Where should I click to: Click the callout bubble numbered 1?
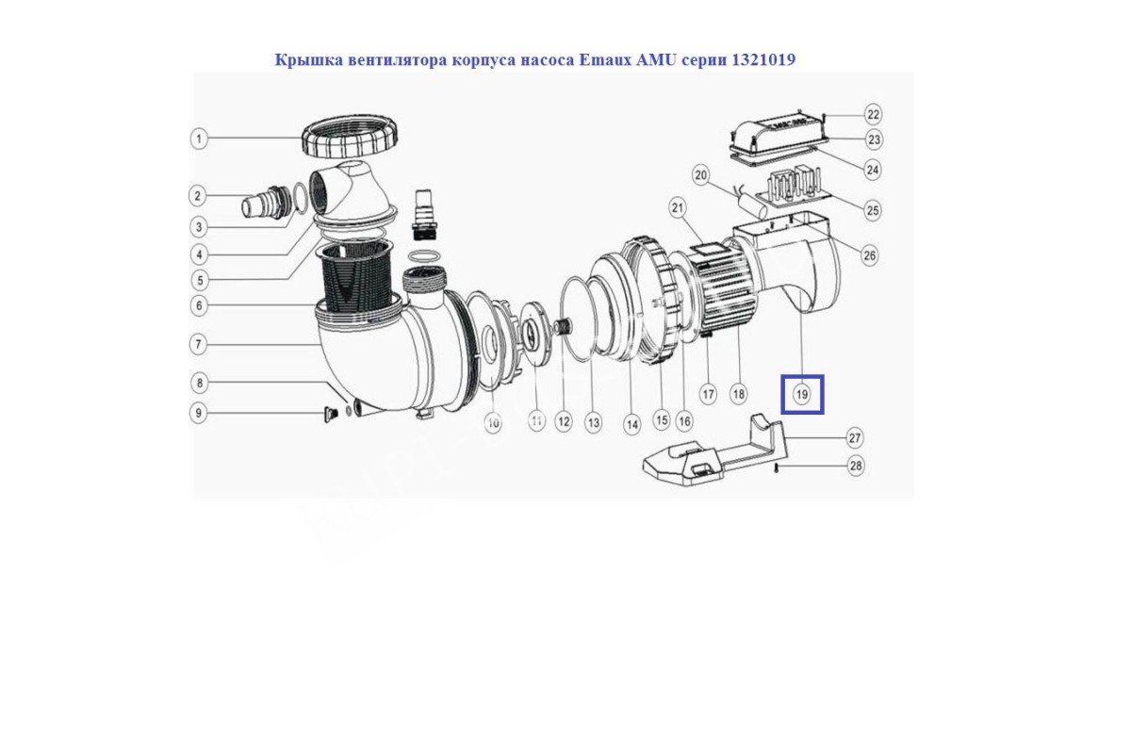(199, 139)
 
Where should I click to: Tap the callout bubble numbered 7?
(199, 345)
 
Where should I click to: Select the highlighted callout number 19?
(802, 394)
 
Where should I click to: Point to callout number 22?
(873, 115)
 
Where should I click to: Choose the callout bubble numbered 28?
(856, 466)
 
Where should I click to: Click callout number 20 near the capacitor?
(701, 175)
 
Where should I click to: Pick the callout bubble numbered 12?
(563, 421)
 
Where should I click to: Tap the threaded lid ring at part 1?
(348, 137)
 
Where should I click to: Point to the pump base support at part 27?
(714, 454)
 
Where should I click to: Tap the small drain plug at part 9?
(331, 415)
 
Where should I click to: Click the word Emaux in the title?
(604, 60)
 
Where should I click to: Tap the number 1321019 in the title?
(763, 59)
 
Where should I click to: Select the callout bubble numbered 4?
(199, 255)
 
